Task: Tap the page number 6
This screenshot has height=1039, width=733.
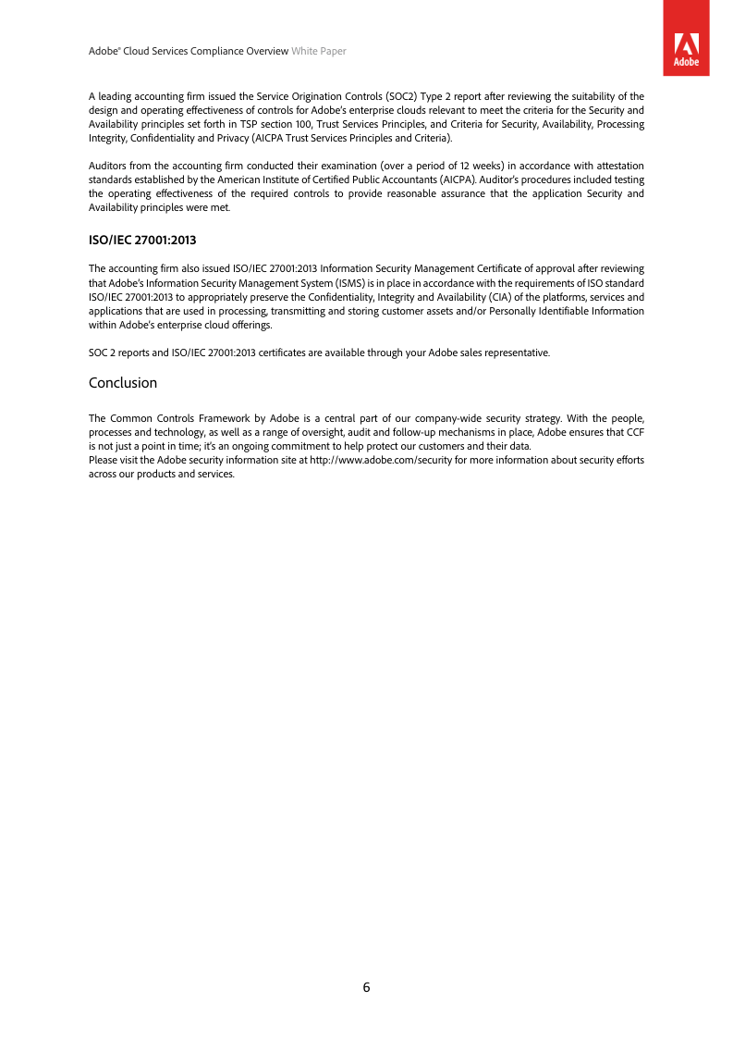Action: coord(366,987)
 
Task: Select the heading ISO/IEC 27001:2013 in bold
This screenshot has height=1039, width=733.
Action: coord(142,241)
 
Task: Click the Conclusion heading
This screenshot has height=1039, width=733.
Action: coord(123,383)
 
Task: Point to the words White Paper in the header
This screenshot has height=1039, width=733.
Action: coord(319,52)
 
